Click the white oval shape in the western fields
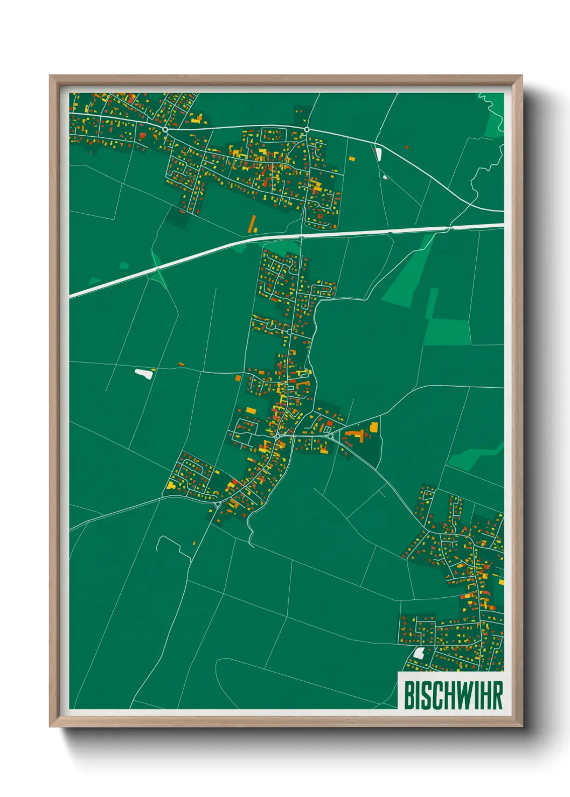[143, 372]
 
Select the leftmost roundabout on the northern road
[165, 130]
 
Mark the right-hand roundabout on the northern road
[307, 129]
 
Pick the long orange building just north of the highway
[253, 224]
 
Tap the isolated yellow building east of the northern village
[352, 159]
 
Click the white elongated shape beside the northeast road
[378, 154]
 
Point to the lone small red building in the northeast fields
[407, 148]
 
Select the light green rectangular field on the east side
[447, 332]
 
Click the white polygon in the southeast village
[418, 653]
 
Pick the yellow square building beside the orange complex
[374, 428]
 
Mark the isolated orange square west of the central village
[238, 379]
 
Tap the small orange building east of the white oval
[182, 365]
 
